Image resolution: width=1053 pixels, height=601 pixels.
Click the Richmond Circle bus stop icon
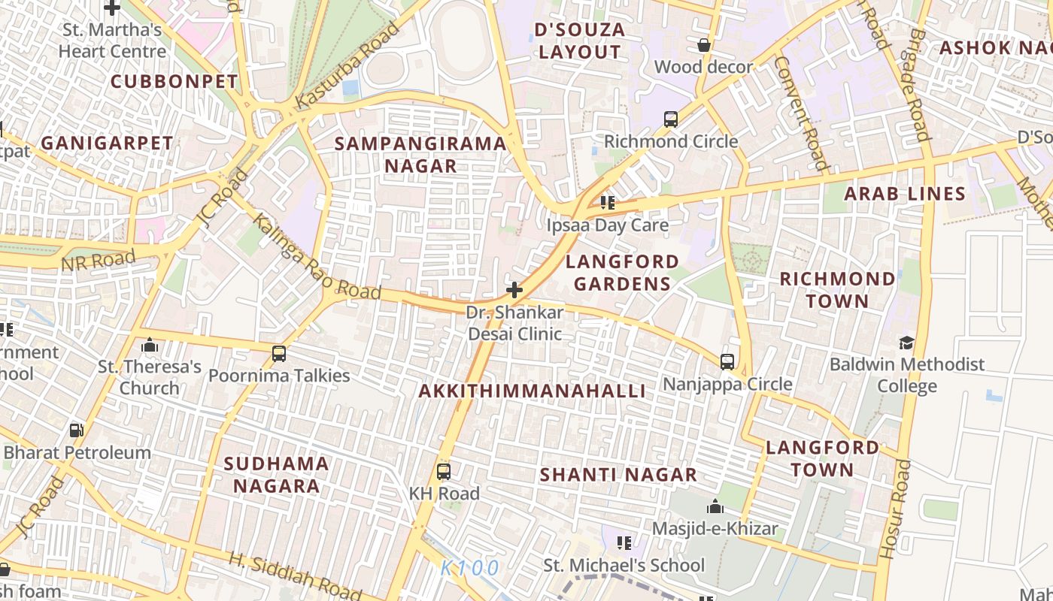[670, 119]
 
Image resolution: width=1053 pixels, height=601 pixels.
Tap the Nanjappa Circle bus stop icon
[727, 361]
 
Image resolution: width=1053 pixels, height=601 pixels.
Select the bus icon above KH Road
[444, 472]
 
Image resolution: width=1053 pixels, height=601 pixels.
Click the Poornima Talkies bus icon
[279, 353]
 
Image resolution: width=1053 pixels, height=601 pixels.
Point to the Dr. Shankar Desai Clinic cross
[514, 290]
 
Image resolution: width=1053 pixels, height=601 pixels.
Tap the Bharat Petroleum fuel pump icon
[76, 430]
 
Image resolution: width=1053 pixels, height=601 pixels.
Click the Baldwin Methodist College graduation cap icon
[906, 343]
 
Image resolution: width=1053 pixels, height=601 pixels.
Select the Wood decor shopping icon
[704, 45]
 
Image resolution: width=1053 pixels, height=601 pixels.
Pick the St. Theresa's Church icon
[150, 345]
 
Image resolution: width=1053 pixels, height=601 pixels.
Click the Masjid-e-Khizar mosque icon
[715, 506]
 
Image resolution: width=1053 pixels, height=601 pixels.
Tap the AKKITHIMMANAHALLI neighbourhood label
[532, 391]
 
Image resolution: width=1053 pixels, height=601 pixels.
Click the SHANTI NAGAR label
[618, 475]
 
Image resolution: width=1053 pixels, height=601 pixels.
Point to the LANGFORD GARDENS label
[622, 272]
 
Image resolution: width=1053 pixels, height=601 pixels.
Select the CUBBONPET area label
[174, 81]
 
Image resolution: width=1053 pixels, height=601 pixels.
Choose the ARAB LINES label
[904, 194]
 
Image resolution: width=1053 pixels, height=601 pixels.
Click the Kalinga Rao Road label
[316, 257]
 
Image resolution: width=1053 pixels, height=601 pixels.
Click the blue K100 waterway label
[469, 569]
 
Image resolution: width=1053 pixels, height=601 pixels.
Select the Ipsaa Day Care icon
[608, 203]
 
